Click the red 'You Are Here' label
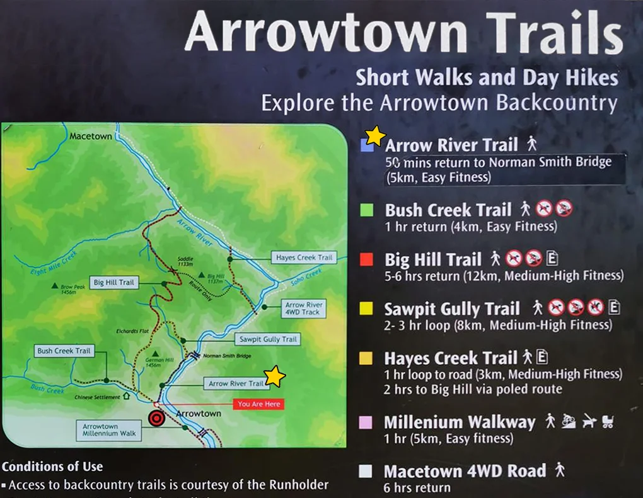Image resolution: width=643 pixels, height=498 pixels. [258, 404]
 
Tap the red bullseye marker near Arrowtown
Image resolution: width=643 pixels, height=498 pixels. [156, 418]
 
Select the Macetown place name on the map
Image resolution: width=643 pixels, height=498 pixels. [91, 136]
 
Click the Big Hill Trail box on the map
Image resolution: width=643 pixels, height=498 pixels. [114, 283]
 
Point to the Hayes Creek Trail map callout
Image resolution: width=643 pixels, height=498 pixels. [303, 257]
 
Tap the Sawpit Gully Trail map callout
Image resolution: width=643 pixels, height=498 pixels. [267, 339]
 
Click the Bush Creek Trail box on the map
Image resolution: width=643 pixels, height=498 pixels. [64, 351]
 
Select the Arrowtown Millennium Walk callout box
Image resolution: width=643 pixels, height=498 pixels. [109, 431]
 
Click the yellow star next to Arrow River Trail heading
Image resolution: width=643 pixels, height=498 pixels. [375, 135]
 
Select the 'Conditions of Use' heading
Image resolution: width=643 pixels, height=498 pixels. [52, 467]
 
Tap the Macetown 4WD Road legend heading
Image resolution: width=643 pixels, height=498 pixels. [465, 471]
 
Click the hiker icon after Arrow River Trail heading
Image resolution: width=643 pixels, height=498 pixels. [532, 144]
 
